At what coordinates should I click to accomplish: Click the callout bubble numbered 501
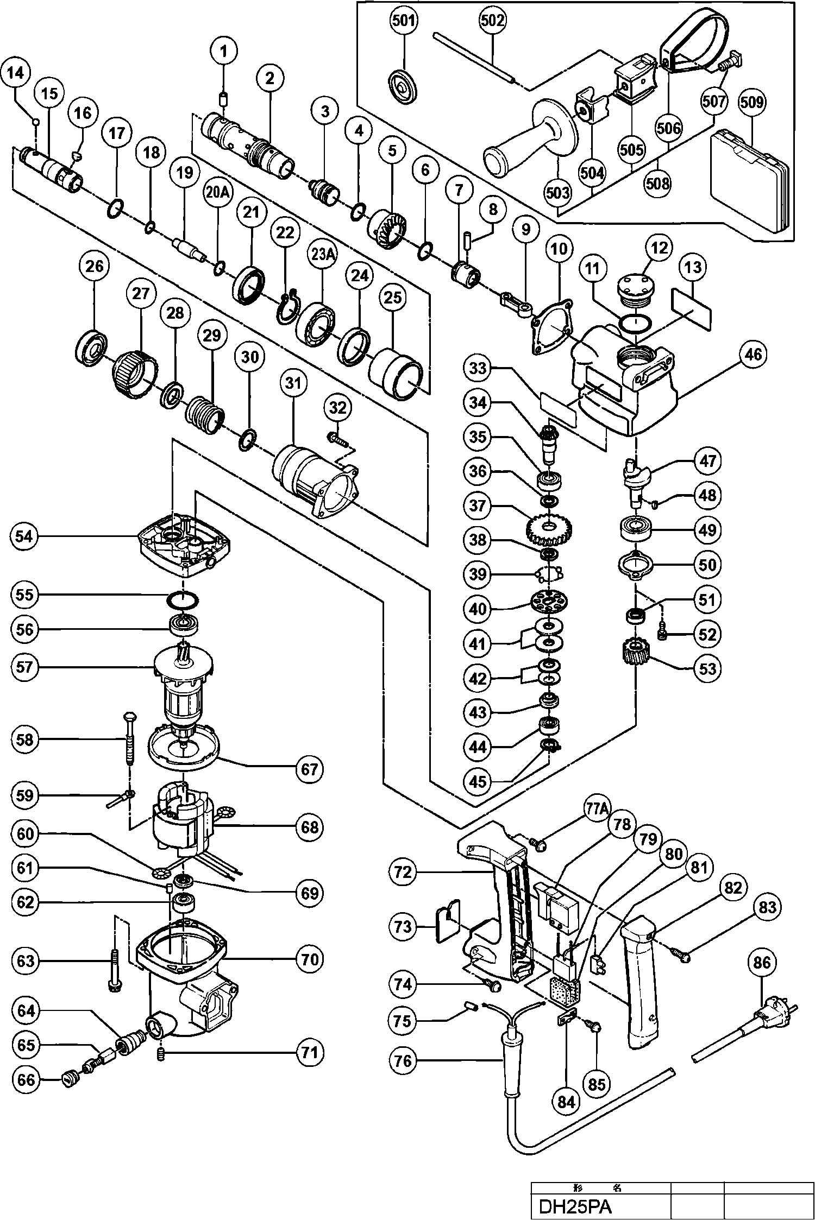click(x=404, y=21)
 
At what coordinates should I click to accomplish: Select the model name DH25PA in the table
click(x=575, y=1206)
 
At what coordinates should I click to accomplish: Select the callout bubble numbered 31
click(x=293, y=383)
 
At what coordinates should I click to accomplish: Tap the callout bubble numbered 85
click(x=597, y=1084)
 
